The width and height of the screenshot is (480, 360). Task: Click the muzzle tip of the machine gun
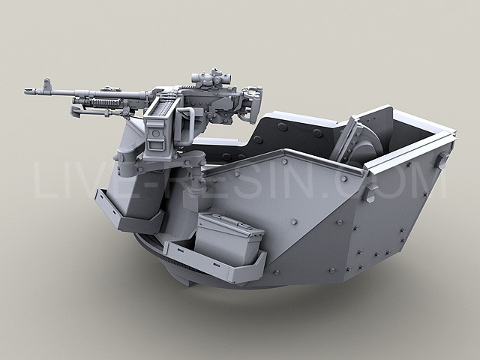(x=25, y=91)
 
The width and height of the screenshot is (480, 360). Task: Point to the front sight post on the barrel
(x=46, y=83)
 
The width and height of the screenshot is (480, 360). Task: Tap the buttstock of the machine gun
(x=251, y=104)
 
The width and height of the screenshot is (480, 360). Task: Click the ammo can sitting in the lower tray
(x=229, y=238)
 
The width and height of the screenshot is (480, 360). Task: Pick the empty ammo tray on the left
(x=128, y=212)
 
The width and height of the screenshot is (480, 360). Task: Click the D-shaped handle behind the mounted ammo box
(x=187, y=126)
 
